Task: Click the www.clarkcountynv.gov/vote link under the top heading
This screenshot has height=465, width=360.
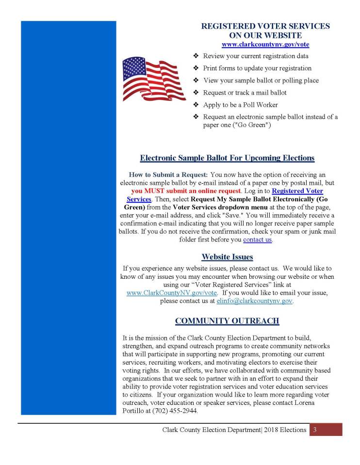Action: [265, 44]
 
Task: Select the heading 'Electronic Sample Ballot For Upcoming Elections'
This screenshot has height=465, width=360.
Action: [227, 158]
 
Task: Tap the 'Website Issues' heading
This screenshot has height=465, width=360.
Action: [227, 257]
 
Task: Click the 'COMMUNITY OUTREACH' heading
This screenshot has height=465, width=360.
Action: [227, 321]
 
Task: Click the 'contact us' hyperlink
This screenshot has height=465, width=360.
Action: [257, 240]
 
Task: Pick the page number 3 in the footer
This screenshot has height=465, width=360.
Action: [315, 430]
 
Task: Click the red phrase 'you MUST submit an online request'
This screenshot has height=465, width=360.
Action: [186, 191]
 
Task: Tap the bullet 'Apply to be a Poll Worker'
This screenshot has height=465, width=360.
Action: [240, 105]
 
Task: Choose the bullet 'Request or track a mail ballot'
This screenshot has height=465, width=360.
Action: [245, 93]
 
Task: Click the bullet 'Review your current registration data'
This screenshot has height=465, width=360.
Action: [255, 56]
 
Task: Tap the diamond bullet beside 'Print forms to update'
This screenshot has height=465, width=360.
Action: [196, 68]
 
